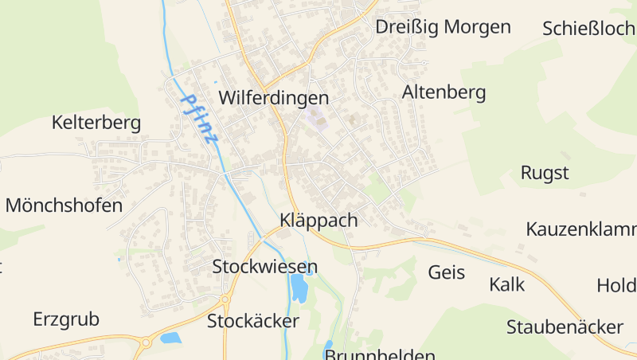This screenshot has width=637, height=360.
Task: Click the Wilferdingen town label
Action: coord(273,98)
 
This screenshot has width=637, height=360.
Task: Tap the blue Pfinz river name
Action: coord(199,119)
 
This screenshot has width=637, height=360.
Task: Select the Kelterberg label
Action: coord(96,123)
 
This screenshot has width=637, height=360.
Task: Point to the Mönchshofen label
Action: coord(64,205)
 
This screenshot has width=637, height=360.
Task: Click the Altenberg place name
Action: coord(444,92)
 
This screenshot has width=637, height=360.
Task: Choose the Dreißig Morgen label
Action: coord(443,27)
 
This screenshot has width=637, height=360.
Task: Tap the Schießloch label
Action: coord(588,29)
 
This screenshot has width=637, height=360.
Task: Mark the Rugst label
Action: coord(545,173)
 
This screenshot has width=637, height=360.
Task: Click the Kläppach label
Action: coord(318,221)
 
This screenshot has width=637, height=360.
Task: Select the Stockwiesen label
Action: coord(264,267)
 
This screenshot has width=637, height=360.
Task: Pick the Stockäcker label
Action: coord(252,322)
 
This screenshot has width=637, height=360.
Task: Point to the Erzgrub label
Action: coord(66,319)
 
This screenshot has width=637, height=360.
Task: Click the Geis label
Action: coord(446,272)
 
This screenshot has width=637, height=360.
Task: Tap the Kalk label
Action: coord(507,284)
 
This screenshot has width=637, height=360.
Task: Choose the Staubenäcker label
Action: coord(565,327)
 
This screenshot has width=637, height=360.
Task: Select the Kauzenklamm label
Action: coord(580,229)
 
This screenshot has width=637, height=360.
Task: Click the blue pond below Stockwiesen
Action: coord(299,288)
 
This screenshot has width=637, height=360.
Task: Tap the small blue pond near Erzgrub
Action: coord(170,338)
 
